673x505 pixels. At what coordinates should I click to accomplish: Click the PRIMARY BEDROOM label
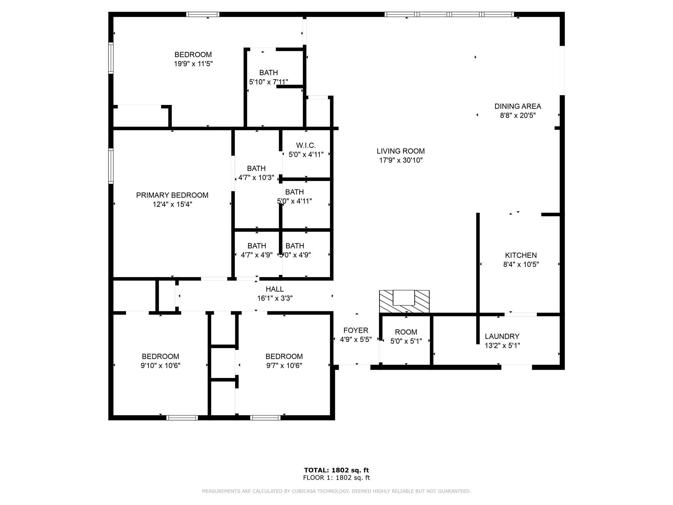[x=172, y=195]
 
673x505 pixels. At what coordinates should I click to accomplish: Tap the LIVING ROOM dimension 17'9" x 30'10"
[x=400, y=160]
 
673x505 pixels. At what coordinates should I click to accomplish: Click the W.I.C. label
[x=306, y=145]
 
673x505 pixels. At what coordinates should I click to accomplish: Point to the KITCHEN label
[x=521, y=255]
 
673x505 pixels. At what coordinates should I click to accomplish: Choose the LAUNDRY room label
[x=502, y=337]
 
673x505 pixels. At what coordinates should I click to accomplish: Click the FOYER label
[x=356, y=330]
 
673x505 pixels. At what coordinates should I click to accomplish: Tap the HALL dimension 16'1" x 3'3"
[x=275, y=299]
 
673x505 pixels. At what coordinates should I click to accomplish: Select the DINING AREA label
[x=518, y=107]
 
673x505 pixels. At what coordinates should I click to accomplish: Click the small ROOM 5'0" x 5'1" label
[x=406, y=332]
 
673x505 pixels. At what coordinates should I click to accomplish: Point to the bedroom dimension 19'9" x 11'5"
[x=193, y=64]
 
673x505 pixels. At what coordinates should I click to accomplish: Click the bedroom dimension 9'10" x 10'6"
[x=160, y=366]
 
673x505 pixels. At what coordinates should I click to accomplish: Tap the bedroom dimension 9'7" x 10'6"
[x=284, y=366]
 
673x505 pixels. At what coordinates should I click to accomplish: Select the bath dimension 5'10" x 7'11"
[x=268, y=82]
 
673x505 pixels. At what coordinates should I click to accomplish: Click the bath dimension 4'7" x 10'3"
[x=256, y=178]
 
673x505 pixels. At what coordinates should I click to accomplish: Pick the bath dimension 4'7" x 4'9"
[x=256, y=255]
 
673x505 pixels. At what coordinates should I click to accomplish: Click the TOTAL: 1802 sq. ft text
[x=336, y=470]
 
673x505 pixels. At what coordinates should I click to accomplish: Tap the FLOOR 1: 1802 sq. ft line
[x=336, y=478]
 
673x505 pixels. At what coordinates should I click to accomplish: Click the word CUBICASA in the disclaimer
[x=313, y=491]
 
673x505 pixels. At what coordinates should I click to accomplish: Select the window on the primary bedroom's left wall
[x=111, y=166]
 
